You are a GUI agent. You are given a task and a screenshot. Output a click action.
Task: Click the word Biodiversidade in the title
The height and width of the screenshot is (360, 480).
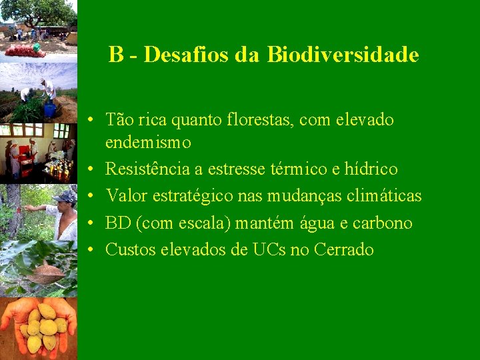click(343, 55)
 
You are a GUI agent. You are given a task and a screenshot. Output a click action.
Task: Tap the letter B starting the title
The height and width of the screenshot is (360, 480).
click(116, 55)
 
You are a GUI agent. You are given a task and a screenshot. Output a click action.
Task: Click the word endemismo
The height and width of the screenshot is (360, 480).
click(148, 142)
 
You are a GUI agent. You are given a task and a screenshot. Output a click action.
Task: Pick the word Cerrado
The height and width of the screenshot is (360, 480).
click(343, 250)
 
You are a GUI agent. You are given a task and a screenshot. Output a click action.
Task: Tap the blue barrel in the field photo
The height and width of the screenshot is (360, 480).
click(49, 109)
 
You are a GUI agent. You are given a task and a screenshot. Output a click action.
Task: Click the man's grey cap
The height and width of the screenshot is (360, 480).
click(65, 197)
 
